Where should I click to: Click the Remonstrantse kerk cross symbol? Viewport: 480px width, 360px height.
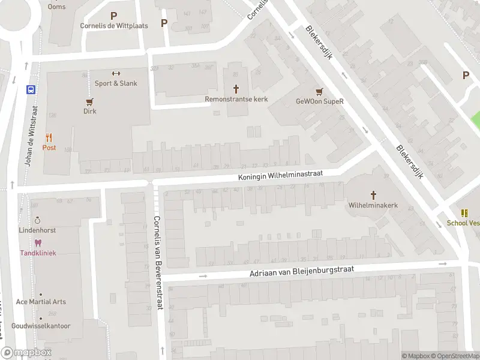[236, 88]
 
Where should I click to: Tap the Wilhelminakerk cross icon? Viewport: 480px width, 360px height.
[373, 195]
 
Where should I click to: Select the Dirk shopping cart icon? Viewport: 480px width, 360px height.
[90, 101]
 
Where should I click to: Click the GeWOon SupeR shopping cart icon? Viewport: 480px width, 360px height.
[319, 91]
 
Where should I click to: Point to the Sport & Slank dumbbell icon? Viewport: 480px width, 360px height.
[116, 73]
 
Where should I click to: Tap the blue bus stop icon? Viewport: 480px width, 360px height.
[31, 90]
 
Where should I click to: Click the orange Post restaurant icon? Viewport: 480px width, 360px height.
[49, 137]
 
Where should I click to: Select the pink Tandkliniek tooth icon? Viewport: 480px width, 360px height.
[38, 242]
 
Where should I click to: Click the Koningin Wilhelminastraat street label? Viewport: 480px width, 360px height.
[280, 174]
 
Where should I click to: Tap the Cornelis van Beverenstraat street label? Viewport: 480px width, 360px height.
[158, 262]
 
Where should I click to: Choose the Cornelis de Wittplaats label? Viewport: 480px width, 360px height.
[114, 26]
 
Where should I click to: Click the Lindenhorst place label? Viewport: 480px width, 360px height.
[37, 230]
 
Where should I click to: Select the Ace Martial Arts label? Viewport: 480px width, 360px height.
[41, 302]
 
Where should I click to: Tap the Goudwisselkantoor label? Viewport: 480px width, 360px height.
[41, 326]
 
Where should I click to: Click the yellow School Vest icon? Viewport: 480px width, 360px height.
[464, 213]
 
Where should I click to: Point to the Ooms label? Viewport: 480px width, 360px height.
[57, 7]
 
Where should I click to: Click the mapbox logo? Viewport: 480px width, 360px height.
[26, 353]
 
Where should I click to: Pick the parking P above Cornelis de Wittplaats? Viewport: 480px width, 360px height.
[113, 16]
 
